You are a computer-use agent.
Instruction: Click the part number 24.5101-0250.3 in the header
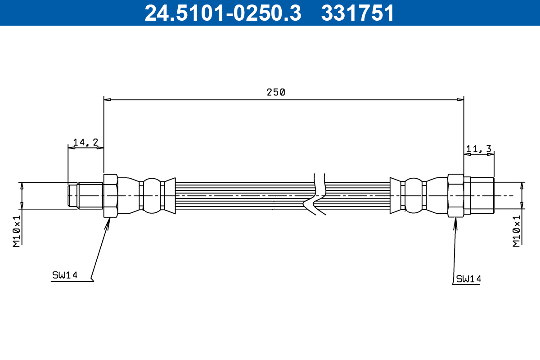pyautogui.click(x=222, y=13)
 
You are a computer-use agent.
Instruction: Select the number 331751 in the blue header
pyautogui.click(x=357, y=13)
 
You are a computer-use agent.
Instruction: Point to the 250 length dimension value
pyautogui.click(x=276, y=92)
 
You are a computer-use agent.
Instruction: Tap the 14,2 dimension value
pyautogui.click(x=85, y=142)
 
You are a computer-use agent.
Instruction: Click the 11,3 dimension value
pyautogui.click(x=479, y=149)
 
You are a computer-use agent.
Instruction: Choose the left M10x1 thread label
pyautogui.click(x=17, y=230)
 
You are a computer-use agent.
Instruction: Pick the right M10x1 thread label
pyautogui.click(x=517, y=230)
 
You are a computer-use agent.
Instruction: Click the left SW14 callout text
pyautogui.click(x=65, y=275)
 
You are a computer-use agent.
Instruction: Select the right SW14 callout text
pyautogui.click(x=468, y=279)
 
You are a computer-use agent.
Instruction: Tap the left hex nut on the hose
pyautogui.click(x=111, y=196)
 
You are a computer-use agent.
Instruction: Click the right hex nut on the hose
pyautogui.click(x=456, y=196)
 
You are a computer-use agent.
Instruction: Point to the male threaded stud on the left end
pyautogui.click(x=85, y=195)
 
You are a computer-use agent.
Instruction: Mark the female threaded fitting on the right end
pyautogui.click(x=480, y=195)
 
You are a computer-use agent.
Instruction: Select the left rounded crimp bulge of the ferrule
pyautogui.click(x=151, y=195)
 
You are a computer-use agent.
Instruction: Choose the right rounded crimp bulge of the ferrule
pyautogui.click(x=413, y=195)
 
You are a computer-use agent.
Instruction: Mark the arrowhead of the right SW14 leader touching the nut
pyautogui.click(x=455, y=221)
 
